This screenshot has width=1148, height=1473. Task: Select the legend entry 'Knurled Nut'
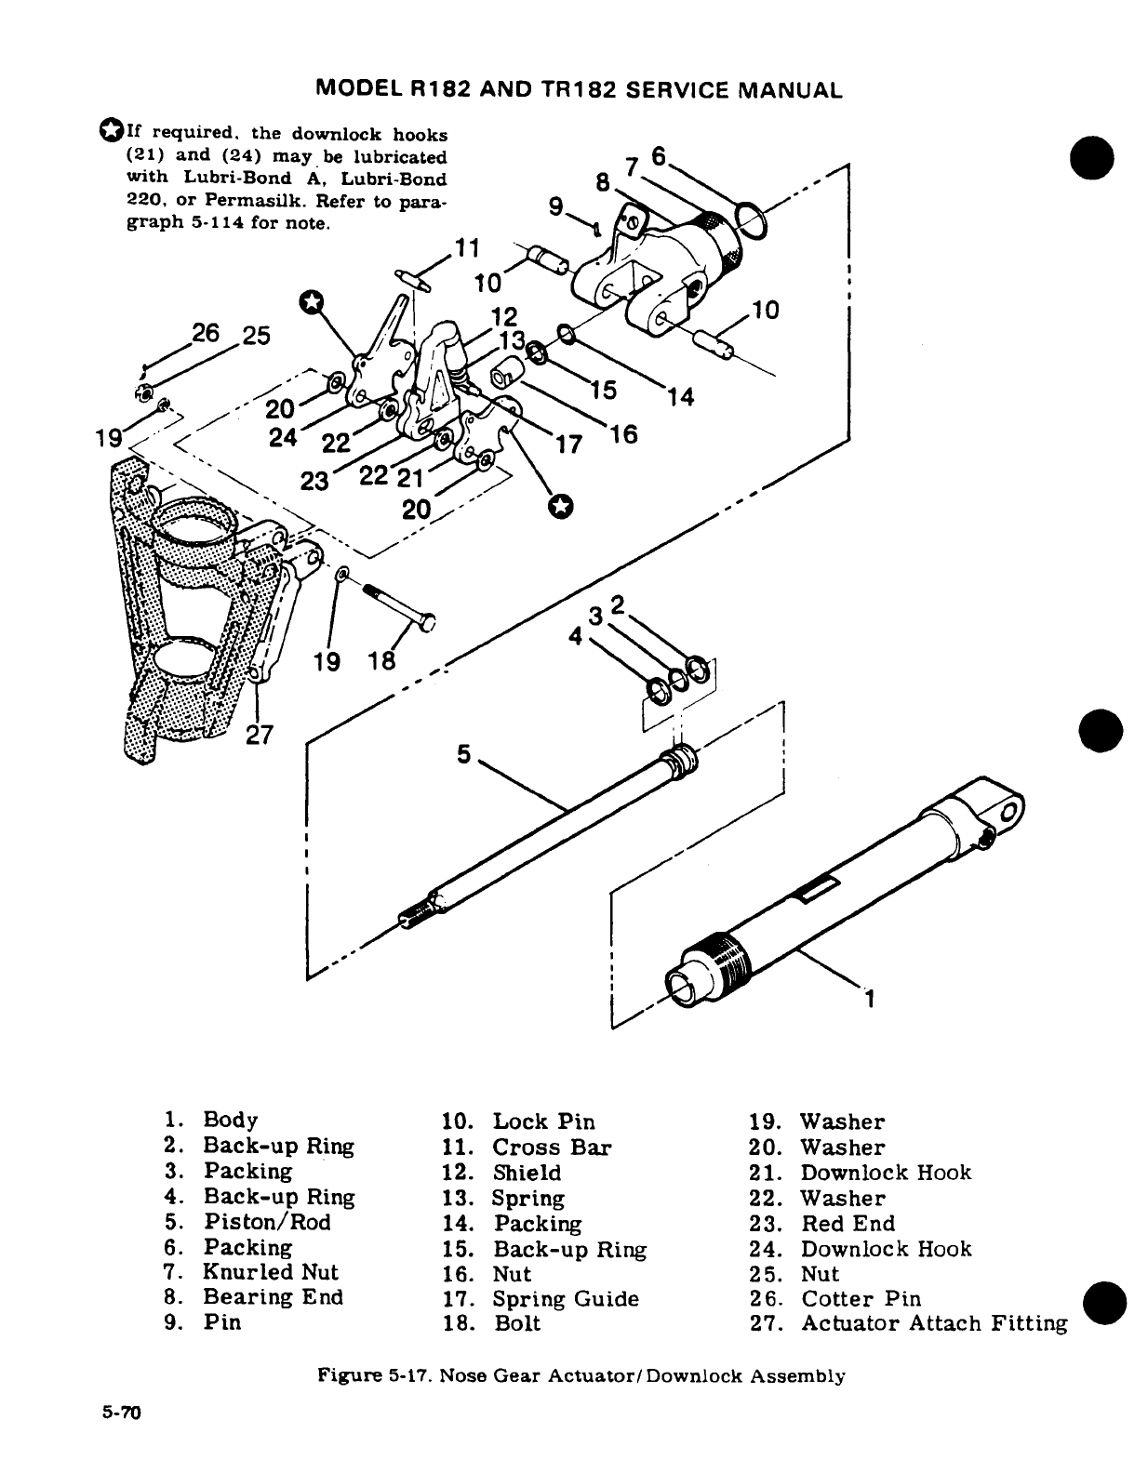[271, 1272]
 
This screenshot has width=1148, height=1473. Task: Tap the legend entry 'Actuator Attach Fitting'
[934, 1323]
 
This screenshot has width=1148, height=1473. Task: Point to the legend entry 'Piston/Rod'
[267, 1222]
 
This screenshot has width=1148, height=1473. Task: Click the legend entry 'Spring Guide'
[566, 1299]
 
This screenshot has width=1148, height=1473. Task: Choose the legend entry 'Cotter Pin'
[861, 1299]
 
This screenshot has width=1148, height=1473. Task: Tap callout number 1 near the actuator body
[870, 1000]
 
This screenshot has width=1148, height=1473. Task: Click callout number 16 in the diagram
[625, 433]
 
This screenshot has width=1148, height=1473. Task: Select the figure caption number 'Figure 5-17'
[373, 1375]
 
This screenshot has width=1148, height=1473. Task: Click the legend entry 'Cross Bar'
[552, 1148]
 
